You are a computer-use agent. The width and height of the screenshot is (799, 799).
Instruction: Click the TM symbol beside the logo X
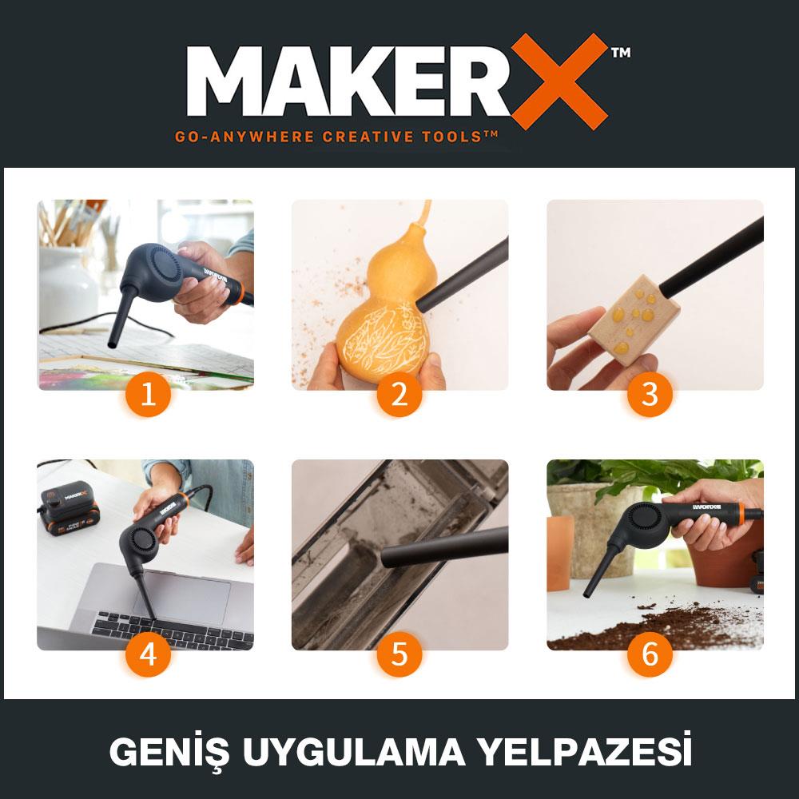tap(620, 54)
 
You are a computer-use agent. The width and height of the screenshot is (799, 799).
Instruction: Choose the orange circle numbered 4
tap(149, 654)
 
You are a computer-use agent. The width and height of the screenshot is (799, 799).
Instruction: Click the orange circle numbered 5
tap(399, 654)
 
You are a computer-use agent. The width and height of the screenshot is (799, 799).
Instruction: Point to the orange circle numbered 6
tap(650, 654)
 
